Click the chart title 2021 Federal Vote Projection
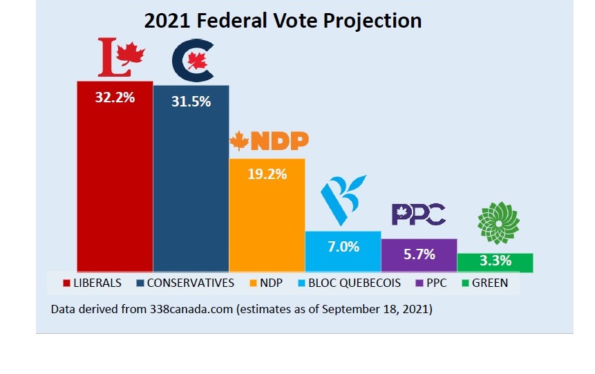click(x=283, y=21)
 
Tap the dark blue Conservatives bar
click(x=191, y=187)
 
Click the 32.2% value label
click(x=115, y=97)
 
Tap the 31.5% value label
click(x=191, y=102)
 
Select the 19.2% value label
click(x=267, y=174)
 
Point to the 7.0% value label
click(x=343, y=246)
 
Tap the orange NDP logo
click(x=269, y=141)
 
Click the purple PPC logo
click(x=419, y=214)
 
